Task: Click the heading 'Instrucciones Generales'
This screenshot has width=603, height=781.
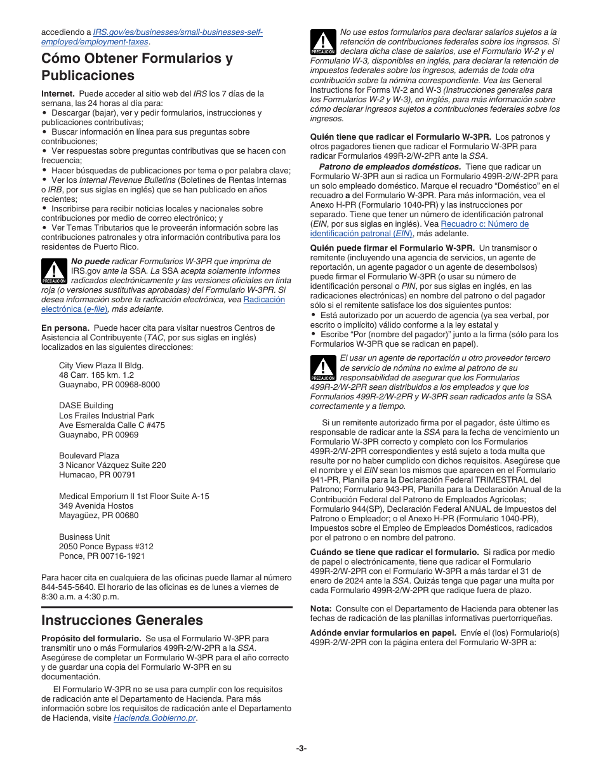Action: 122,620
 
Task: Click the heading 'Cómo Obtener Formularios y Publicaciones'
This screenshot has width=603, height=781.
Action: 136,67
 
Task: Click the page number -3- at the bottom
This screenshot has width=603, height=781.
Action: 301,748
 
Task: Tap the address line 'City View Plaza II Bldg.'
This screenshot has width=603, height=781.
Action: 101,366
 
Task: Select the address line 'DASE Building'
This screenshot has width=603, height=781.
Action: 86,406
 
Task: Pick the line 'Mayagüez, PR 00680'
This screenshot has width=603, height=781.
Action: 98,515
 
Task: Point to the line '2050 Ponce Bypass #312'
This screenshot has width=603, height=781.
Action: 106,547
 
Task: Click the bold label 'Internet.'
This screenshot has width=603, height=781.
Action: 58,93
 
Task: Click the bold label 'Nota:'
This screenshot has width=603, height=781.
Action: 321,608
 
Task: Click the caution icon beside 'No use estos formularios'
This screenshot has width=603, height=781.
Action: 322,43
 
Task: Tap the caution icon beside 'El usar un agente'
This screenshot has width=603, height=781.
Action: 322,368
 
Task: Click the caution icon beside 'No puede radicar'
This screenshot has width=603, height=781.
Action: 54,271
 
